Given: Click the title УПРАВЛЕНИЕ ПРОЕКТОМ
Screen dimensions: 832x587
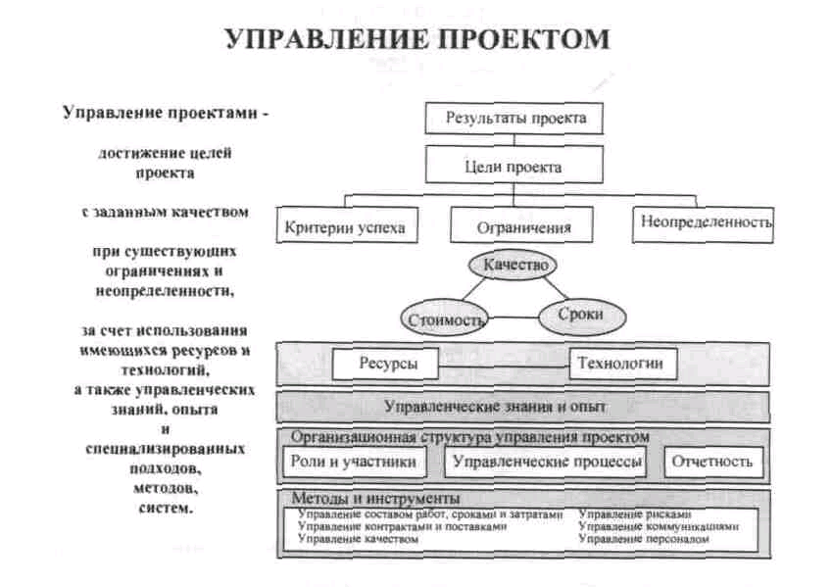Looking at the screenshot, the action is tap(418, 39).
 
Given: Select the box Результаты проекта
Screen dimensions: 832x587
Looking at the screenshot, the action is tap(514, 118).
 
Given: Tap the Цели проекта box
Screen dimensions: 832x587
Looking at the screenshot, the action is tap(514, 165).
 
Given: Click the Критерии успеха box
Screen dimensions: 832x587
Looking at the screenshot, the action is tap(347, 225).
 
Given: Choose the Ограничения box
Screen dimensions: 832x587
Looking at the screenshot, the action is tap(521, 225).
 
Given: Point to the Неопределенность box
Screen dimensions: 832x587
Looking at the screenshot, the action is tap(703, 225).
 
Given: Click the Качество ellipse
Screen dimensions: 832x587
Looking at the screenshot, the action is tap(513, 265).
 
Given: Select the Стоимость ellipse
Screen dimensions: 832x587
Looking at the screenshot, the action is tap(444, 318).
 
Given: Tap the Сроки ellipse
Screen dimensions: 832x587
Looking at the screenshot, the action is tap(582, 316).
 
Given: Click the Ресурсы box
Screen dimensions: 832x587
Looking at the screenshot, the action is tap(386, 364).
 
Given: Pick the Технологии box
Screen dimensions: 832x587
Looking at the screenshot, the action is tap(623, 364).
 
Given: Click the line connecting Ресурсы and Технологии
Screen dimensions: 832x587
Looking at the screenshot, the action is tap(504, 367).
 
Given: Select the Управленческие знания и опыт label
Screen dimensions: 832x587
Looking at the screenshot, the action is tap(495, 407).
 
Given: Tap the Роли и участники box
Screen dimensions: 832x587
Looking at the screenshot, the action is tap(354, 462).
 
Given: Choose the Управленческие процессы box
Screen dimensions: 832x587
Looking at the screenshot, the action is tap(546, 462).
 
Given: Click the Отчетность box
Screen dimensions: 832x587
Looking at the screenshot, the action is tap(713, 462).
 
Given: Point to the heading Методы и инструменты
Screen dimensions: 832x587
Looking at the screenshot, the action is tap(375, 498).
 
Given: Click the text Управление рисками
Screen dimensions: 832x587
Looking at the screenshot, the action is tap(635, 514).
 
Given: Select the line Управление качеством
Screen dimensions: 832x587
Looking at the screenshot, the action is tap(358, 539).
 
